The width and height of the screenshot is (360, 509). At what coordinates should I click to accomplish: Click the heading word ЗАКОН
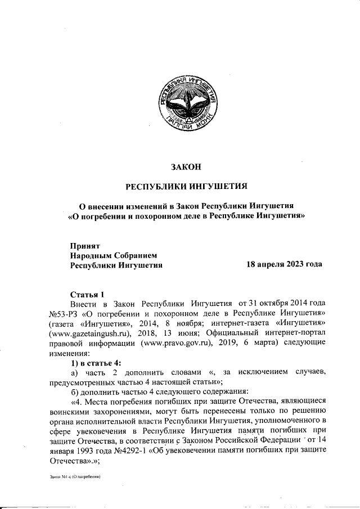pos(185,166)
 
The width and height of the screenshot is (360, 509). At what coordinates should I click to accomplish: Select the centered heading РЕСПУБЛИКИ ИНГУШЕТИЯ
pos(186,186)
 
